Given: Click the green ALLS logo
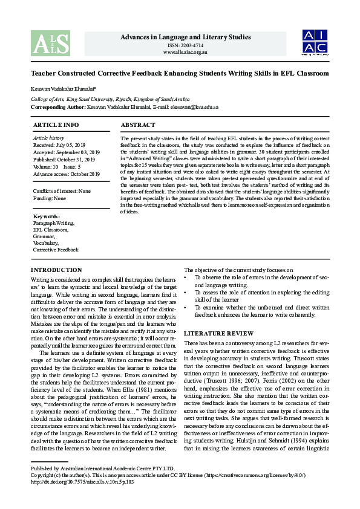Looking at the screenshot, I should point(50,43).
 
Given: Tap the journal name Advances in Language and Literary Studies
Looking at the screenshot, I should point(185,37).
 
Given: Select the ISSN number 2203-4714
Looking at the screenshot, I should point(185,45).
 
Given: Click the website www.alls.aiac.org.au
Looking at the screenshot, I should point(185,53).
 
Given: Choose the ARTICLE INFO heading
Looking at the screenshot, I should point(56,125).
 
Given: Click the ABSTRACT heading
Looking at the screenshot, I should point(139,125).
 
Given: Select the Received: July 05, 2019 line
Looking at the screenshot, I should point(59,146).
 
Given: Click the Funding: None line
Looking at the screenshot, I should point(50,198).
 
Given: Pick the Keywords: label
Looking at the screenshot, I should point(47,216).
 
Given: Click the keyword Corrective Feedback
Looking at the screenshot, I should point(56,250).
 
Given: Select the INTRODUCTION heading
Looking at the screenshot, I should point(56,270).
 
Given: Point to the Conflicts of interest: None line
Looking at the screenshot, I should point(62,191).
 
